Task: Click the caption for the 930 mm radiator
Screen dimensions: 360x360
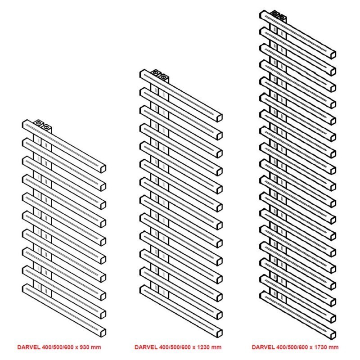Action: tap(59, 347)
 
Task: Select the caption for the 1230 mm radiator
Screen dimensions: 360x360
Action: tap(178, 347)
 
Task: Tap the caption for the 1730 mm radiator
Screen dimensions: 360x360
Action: tap(295, 347)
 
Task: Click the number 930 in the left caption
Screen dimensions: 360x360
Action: tap(84, 347)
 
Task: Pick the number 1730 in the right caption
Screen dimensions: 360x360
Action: tap(320, 347)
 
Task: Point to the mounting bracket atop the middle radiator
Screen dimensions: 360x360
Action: tap(160, 75)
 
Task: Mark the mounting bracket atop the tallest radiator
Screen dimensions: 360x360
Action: tap(278, 16)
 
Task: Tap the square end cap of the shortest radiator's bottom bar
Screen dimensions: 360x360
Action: tap(103, 333)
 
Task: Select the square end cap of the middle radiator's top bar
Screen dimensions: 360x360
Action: tap(220, 118)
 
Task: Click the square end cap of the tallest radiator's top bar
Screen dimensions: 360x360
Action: tap(333, 55)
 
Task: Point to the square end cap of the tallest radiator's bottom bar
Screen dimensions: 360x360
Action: tap(333, 335)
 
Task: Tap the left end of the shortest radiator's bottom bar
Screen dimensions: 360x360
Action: tap(23, 289)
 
